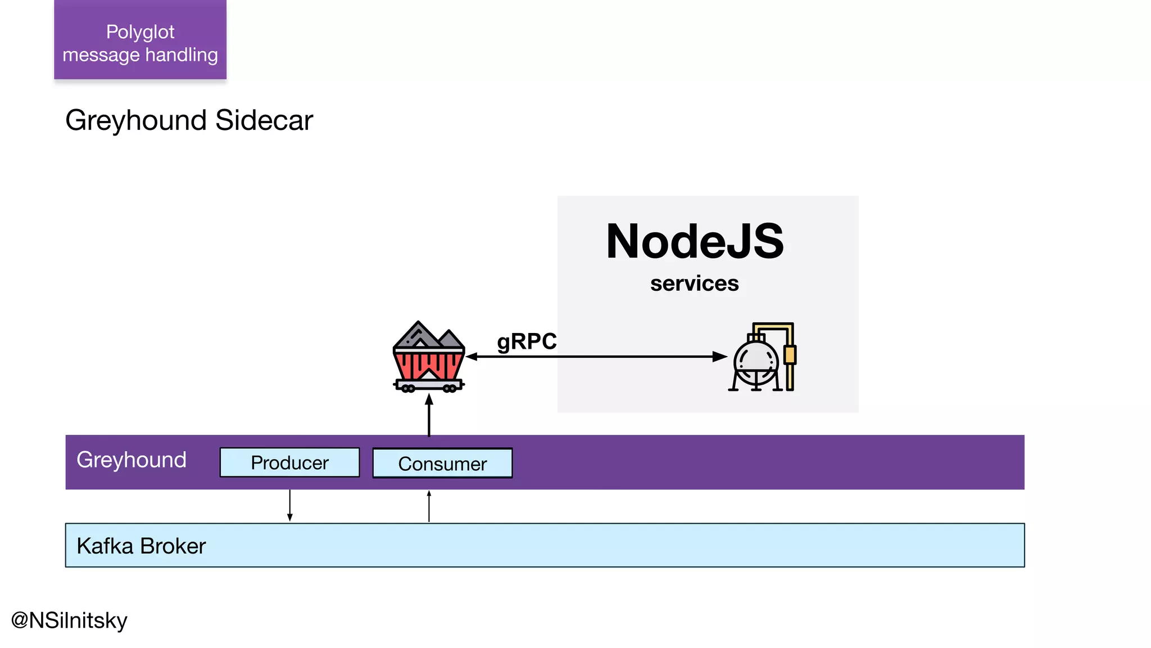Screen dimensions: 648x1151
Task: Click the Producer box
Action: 289,462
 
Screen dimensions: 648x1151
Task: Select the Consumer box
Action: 442,463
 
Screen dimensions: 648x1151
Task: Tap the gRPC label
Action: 527,341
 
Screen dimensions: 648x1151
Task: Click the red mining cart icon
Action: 429,357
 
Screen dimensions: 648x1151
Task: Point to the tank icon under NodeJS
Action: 763,357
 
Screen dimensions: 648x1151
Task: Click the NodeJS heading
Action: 695,241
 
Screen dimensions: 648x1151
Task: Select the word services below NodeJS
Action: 694,283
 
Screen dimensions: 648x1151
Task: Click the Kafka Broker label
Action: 141,546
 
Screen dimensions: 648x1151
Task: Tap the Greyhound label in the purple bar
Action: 132,460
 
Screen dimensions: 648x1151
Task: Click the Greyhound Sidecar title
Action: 189,120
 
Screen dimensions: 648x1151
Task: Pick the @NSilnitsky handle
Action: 69,620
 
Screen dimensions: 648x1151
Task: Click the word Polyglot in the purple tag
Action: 140,32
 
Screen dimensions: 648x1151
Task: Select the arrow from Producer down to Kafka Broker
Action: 290,505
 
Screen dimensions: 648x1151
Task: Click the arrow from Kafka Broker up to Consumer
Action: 429,506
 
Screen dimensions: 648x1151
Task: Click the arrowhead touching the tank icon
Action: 720,357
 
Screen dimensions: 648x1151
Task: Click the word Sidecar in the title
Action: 264,120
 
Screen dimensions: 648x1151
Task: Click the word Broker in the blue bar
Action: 173,546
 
